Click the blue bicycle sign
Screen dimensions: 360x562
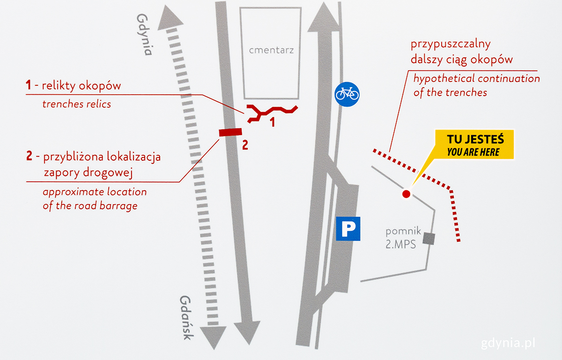(347, 94)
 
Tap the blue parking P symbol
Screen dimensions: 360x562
(348, 229)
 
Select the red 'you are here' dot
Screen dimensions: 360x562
(406, 194)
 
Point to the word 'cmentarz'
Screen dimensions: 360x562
(272, 50)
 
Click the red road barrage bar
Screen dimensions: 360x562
(230, 133)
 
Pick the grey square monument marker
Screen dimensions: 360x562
(429, 239)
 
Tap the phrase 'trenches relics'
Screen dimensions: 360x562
(77, 104)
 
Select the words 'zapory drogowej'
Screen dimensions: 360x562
(88, 172)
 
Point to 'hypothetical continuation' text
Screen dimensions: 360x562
(476, 78)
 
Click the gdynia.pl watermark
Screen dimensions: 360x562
(508, 344)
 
